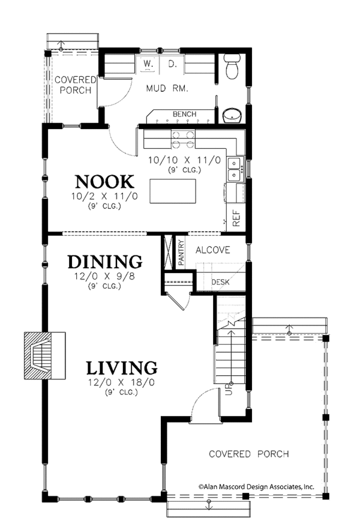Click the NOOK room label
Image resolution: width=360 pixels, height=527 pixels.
[103, 181]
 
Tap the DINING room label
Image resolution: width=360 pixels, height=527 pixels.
[104, 262]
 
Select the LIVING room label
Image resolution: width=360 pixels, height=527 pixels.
[121, 367]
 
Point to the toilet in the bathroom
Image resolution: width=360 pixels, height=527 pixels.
[232, 68]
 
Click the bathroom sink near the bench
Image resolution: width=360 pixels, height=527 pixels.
[231, 114]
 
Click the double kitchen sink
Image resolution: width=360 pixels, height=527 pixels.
[235, 168]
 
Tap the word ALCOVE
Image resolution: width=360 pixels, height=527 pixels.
[212, 250]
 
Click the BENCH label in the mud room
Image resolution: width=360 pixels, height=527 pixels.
[184, 114]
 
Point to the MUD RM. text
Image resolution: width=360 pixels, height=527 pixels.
[168, 88]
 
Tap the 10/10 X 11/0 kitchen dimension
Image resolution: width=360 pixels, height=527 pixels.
[185, 160]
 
